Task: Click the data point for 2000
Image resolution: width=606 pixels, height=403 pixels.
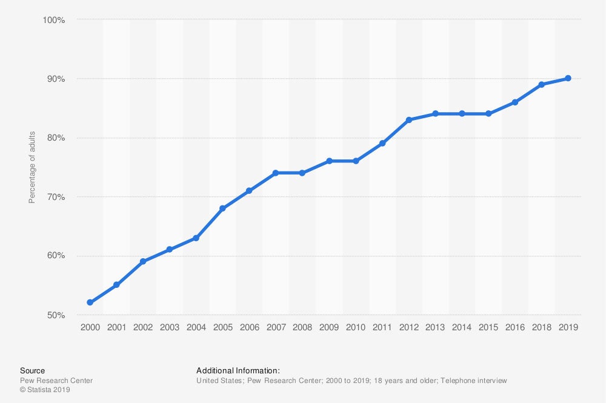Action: (x=90, y=302)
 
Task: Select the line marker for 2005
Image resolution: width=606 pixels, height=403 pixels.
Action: (x=222, y=208)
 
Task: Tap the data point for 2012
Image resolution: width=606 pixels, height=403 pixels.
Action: (x=408, y=120)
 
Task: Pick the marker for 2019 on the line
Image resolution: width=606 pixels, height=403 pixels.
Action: (x=568, y=78)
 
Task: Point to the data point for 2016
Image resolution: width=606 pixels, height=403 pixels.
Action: (x=514, y=102)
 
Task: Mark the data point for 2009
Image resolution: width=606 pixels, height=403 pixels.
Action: (x=329, y=161)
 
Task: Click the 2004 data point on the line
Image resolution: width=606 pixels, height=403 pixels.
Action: (x=196, y=238)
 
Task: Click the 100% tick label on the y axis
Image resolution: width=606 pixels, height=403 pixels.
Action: (x=53, y=20)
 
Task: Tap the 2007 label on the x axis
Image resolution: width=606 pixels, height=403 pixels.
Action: (x=276, y=327)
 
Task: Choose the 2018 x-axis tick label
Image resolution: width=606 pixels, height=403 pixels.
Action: (x=541, y=327)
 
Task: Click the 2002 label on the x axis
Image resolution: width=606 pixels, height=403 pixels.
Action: (x=143, y=327)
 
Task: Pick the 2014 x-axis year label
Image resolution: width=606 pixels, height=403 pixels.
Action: (x=462, y=327)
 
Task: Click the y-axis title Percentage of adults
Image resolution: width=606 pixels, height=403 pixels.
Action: (x=32, y=168)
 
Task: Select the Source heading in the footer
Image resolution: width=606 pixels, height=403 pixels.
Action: (x=32, y=370)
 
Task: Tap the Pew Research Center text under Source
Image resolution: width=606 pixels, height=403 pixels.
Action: (x=56, y=381)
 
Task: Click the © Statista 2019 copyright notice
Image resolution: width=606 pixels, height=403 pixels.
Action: (x=45, y=390)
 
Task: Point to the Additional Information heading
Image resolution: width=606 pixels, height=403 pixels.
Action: (x=238, y=370)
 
